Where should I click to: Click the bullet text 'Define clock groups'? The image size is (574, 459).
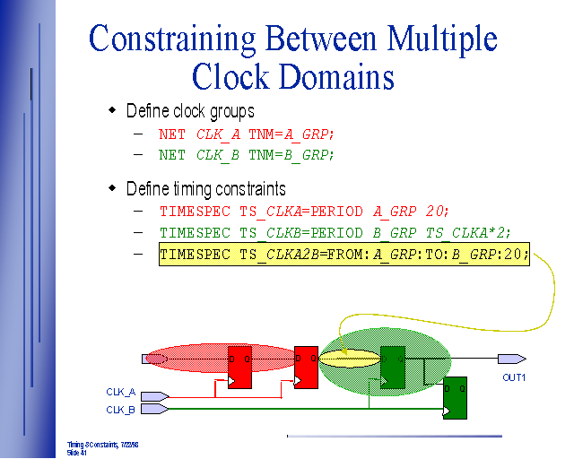[x=190, y=111]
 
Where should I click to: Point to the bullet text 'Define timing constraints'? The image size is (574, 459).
[x=206, y=188]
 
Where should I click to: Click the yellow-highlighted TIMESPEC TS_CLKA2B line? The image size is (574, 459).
[x=344, y=255]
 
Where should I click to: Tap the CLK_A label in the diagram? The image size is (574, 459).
[x=120, y=393]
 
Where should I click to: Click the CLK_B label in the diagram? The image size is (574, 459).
[x=120, y=410]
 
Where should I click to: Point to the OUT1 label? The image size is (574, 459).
[x=513, y=377]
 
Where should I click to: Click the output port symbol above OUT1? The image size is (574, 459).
[x=511, y=359]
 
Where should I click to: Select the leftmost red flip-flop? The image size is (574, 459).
[x=239, y=367]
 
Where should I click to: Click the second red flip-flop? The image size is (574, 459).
[x=306, y=367]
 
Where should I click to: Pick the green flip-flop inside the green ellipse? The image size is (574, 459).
[x=393, y=367]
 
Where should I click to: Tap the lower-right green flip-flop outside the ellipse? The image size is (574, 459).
[x=455, y=397]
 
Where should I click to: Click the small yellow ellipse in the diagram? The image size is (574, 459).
[x=348, y=359]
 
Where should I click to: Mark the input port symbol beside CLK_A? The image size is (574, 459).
[x=154, y=395]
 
